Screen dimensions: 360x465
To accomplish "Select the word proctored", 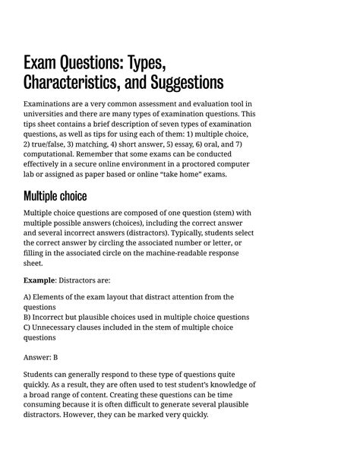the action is coord(200,164).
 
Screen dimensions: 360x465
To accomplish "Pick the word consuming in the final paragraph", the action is coord(47,405).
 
